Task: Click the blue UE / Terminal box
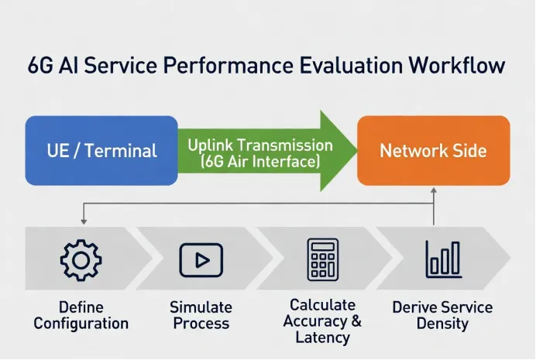click(101, 150)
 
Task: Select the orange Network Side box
click(433, 150)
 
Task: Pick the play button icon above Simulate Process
click(201, 259)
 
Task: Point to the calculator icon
click(322, 259)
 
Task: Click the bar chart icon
click(442, 259)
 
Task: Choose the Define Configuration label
click(81, 315)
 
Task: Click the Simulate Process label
click(201, 315)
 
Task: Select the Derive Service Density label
click(442, 315)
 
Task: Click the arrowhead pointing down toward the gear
click(84, 221)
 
